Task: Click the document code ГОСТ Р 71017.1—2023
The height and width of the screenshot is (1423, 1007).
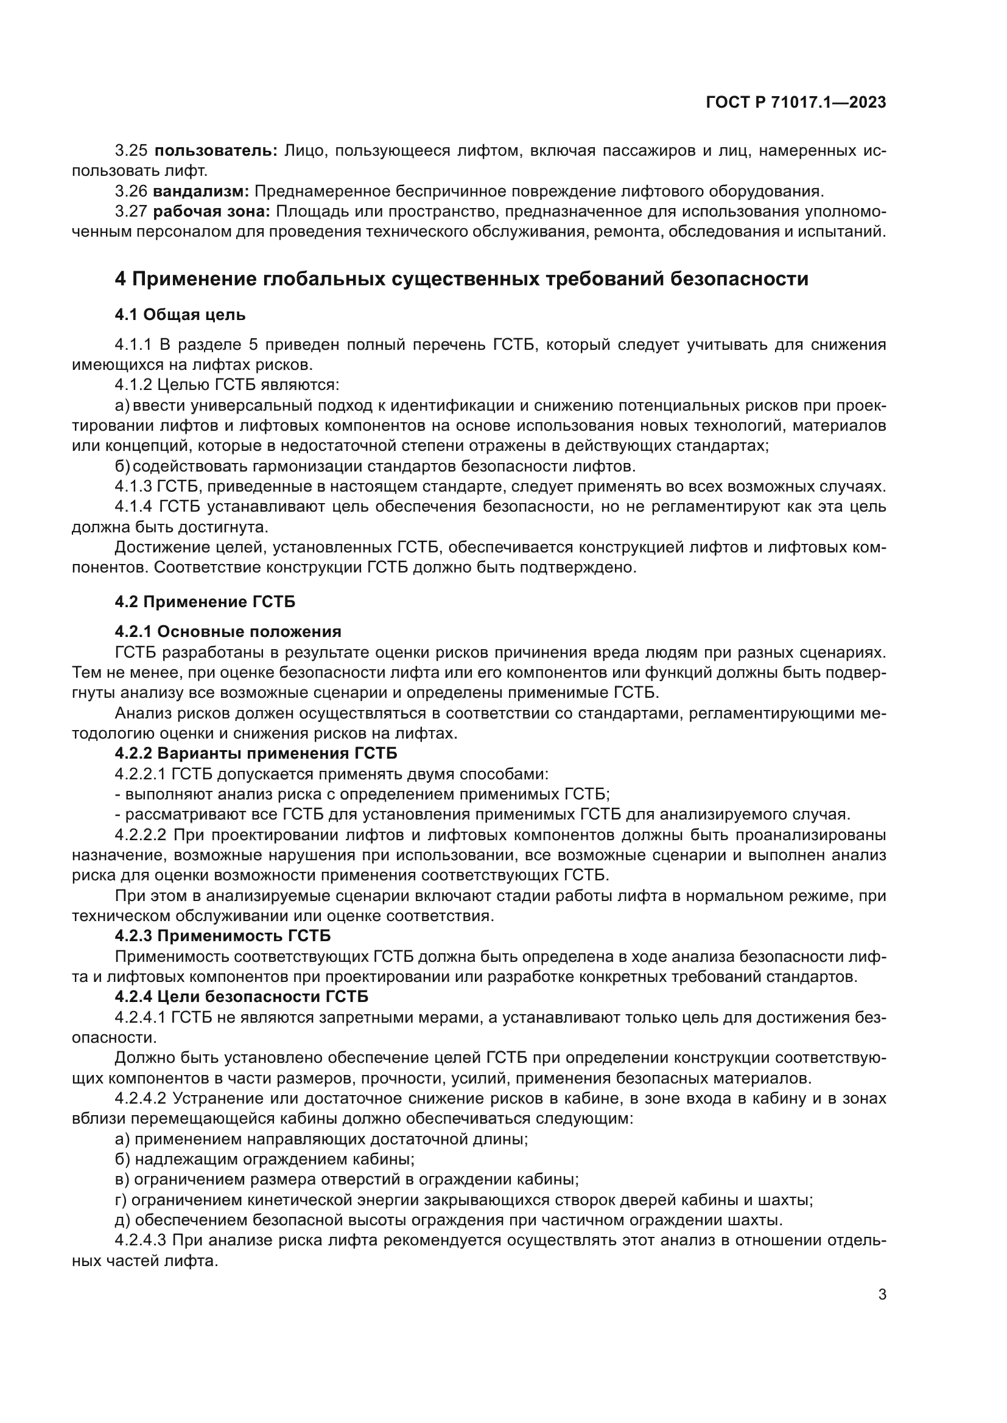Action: click(796, 103)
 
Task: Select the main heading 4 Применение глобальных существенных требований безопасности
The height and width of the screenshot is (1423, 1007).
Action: click(461, 279)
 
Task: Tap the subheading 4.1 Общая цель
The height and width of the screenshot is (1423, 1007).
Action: click(180, 316)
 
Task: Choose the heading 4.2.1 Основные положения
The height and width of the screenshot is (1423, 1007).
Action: click(228, 632)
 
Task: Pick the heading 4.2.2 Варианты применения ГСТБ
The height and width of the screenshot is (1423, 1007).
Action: click(256, 754)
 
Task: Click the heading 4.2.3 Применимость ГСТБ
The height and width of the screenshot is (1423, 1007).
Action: click(223, 935)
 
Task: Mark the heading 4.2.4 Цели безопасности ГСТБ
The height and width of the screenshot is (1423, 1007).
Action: click(241, 997)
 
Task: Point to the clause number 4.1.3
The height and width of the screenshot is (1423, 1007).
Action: click(133, 487)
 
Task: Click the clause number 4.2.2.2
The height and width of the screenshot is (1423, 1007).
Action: click(141, 835)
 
